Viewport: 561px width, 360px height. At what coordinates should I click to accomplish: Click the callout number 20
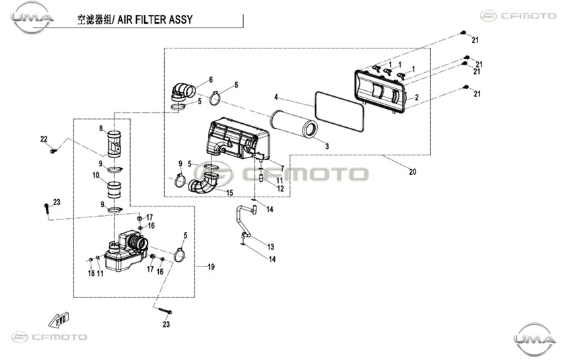(413, 172)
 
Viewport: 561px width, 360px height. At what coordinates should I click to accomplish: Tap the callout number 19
(211, 266)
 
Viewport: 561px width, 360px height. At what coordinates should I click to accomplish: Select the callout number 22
(44, 139)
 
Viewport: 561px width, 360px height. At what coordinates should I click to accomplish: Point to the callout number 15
(230, 192)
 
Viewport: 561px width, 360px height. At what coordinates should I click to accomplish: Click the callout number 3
(327, 146)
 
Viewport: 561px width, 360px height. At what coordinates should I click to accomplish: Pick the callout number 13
(271, 247)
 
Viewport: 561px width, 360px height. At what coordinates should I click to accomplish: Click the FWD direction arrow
(59, 320)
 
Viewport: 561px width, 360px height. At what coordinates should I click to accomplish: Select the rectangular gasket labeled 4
(339, 112)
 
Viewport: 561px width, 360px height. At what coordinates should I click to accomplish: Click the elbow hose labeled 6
(183, 91)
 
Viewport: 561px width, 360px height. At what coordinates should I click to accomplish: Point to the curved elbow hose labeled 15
(203, 182)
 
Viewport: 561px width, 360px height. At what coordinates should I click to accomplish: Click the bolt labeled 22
(53, 151)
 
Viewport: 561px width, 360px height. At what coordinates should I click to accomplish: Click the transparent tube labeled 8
(114, 145)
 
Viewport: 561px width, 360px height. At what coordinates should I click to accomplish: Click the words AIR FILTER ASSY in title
(155, 20)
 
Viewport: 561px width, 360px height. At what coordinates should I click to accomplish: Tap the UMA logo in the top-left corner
(32, 17)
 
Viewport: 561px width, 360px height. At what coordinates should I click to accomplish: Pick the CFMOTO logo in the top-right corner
(518, 15)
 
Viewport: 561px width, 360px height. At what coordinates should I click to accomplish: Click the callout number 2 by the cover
(417, 98)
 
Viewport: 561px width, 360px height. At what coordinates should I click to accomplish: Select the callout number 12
(280, 188)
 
